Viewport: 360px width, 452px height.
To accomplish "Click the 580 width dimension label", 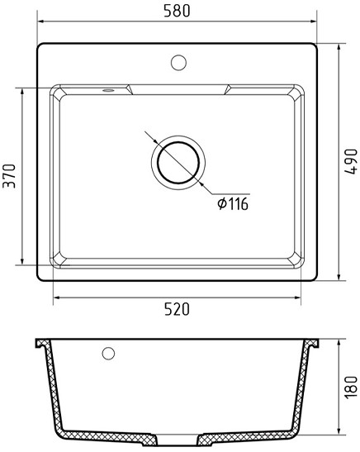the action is [177, 11].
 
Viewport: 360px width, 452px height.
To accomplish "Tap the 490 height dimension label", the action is [351, 162].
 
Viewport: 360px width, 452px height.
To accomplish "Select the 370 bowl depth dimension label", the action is [9, 176].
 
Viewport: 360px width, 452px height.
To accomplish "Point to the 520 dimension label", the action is [177, 309].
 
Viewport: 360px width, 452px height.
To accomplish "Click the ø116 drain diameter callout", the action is [233, 204].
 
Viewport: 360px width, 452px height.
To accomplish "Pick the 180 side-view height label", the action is [351, 388].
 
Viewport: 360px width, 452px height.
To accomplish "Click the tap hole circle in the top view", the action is [178, 63].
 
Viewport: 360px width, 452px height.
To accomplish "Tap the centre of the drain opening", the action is [178, 163].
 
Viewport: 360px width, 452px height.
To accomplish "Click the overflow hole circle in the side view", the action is [108, 353].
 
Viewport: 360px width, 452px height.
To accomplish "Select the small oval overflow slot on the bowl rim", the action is [108, 91].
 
